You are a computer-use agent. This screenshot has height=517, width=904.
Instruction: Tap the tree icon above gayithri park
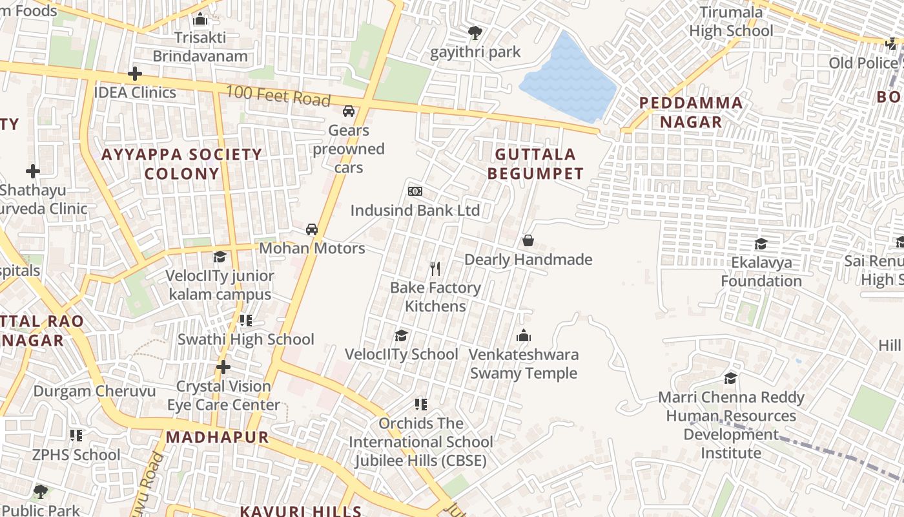475,32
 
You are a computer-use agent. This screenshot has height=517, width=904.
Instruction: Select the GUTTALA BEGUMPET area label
535,164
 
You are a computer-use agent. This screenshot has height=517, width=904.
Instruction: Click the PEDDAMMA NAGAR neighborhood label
690,112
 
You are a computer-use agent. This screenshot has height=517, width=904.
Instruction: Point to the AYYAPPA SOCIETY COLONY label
181,164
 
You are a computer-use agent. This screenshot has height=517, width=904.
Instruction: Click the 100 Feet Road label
278,96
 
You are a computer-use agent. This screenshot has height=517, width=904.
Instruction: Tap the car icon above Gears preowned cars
349,111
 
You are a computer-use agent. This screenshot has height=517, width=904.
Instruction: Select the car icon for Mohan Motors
312,229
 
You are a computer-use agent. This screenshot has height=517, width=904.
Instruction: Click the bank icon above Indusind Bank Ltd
415,191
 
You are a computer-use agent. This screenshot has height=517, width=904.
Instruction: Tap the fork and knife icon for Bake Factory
435,268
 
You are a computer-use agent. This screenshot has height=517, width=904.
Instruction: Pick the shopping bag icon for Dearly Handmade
528,240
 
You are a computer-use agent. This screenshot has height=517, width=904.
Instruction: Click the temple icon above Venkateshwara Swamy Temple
524,335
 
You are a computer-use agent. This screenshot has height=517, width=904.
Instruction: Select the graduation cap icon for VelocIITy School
401,335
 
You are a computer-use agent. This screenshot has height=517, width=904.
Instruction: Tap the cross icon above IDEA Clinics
134,74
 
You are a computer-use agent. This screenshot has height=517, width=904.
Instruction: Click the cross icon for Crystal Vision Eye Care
223,367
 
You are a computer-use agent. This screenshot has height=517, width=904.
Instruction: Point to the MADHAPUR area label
218,437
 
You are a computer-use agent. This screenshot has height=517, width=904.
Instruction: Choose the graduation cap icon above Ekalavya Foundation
761,244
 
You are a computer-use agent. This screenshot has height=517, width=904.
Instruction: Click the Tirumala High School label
731,21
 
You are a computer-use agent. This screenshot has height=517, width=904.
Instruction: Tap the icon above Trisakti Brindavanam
200,19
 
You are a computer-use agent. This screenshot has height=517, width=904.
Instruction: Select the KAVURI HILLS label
300,511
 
